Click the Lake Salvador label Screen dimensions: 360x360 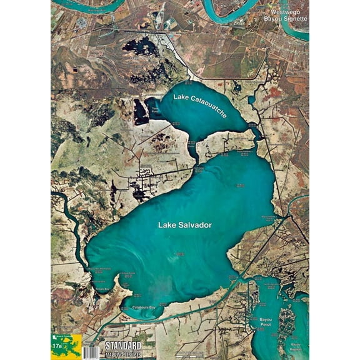click(x=185, y=225)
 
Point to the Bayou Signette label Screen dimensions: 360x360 click(x=287, y=19)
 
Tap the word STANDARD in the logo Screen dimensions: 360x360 click(x=122, y=345)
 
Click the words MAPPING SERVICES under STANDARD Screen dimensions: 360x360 click(x=122, y=353)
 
